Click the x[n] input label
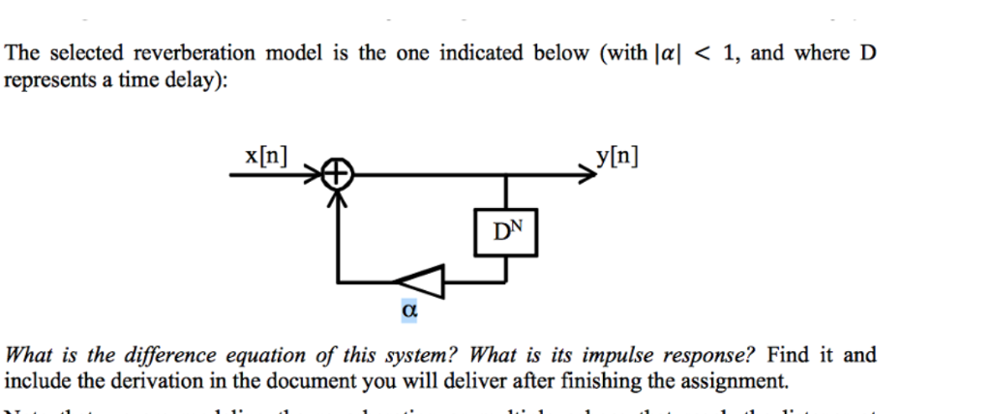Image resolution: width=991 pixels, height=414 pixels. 265,157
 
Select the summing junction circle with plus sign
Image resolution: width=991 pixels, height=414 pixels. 336,176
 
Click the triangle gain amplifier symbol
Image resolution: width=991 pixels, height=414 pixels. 421,281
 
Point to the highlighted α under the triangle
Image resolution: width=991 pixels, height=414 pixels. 408,311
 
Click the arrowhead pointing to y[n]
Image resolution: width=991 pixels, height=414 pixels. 584,176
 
